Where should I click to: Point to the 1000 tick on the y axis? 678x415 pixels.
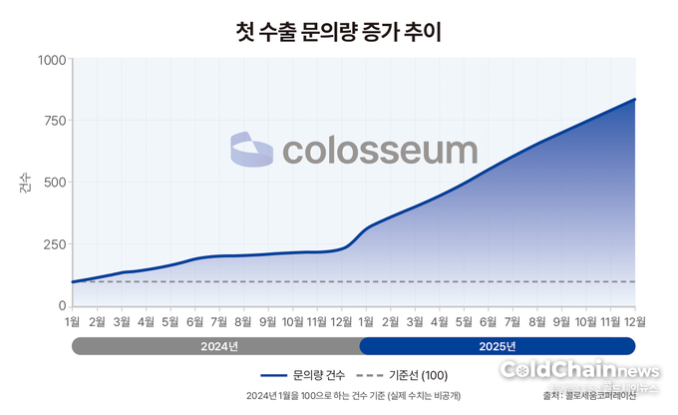pyautogui.click(x=51, y=60)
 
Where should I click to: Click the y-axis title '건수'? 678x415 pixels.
pyautogui.click(x=24, y=183)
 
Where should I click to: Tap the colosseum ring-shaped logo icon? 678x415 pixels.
pyautogui.click(x=251, y=150)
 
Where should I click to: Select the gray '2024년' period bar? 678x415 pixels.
pyautogui.click(x=216, y=346)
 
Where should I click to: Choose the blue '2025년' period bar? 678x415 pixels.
pyautogui.click(x=497, y=346)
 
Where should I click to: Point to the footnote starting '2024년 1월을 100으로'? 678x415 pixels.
pyautogui.click(x=339, y=396)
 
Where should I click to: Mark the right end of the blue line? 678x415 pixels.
pyautogui.click(x=635, y=100)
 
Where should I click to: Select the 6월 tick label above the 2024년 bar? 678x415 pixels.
pyautogui.click(x=194, y=321)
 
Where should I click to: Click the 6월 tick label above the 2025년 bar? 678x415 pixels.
pyautogui.click(x=488, y=321)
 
